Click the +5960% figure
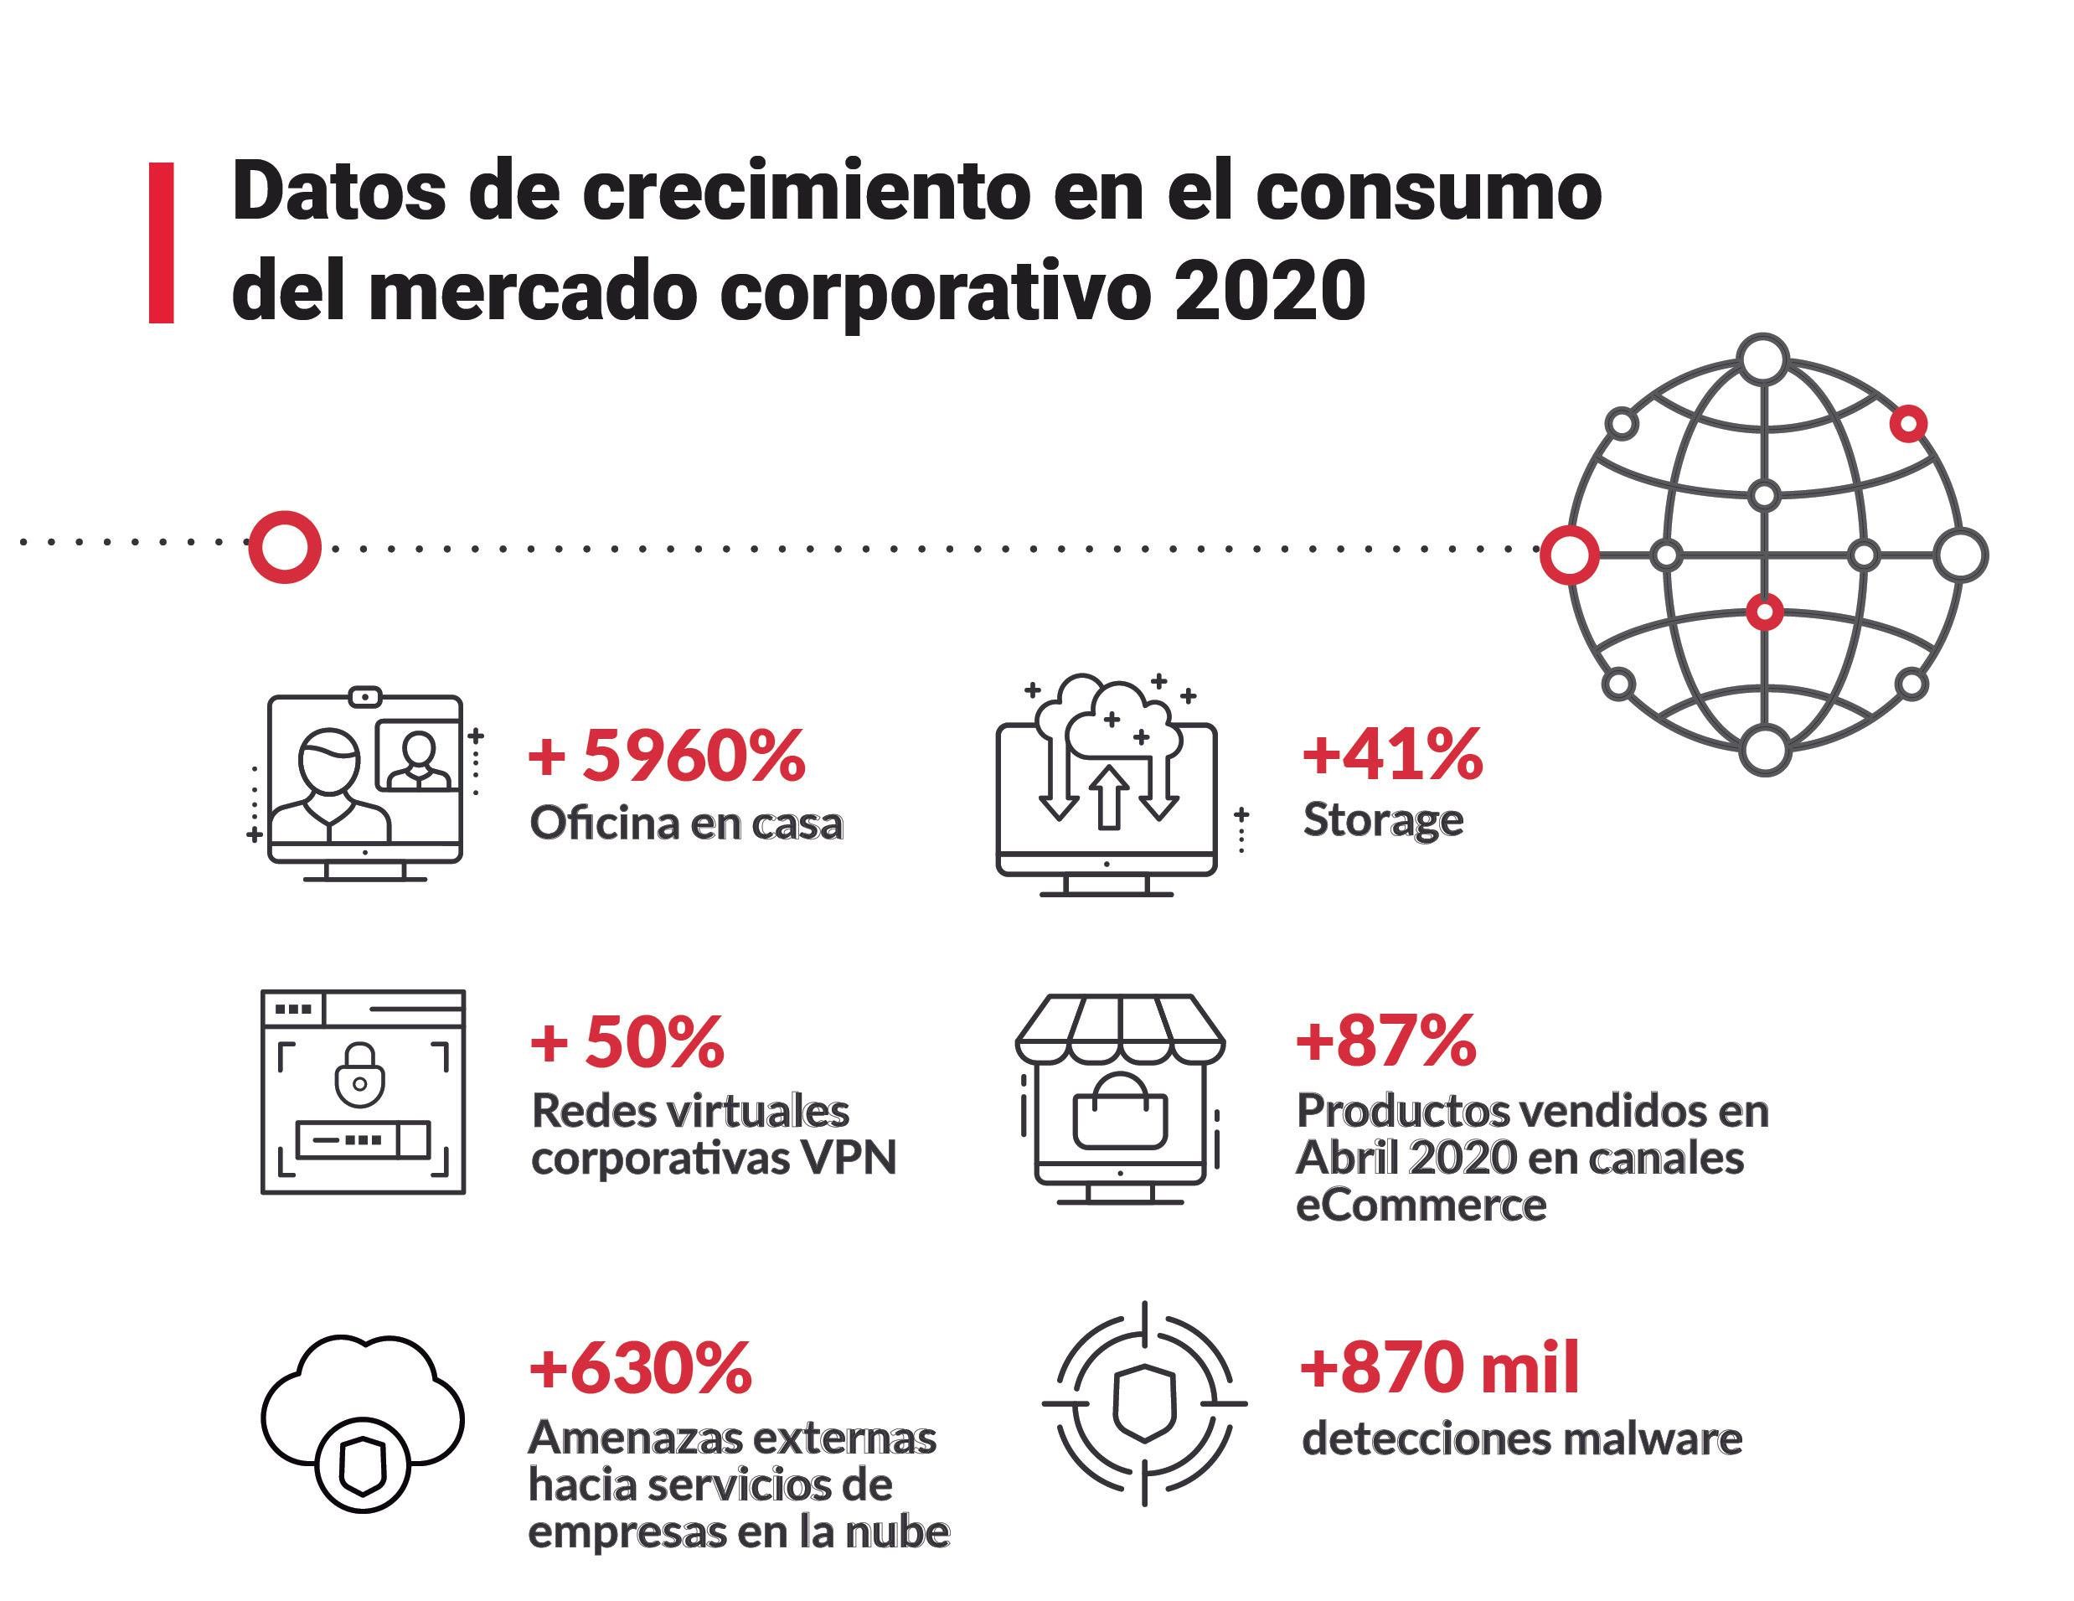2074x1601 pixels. tap(667, 756)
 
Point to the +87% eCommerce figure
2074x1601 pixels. tap(1386, 1040)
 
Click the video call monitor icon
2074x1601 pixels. tap(365, 784)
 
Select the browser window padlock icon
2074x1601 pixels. tap(363, 1091)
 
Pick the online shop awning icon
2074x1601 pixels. tap(1120, 1097)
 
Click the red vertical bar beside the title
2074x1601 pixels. tap(162, 243)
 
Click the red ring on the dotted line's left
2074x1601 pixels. tap(284, 547)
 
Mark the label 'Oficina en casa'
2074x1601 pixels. tap(686, 824)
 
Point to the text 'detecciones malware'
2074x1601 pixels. tap(1521, 1439)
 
